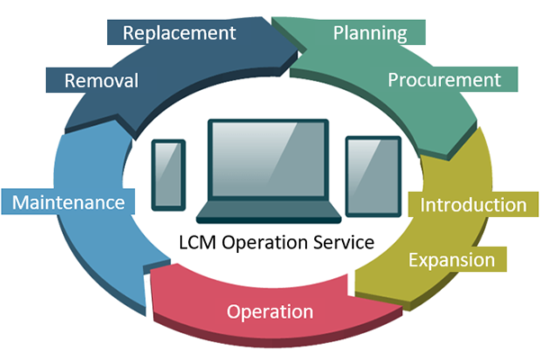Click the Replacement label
pyautogui.click(x=179, y=33)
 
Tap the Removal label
pyautogui.click(x=101, y=81)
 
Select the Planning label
pyautogui.click(x=370, y=33)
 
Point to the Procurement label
pyautogui.click(x=444, y=79)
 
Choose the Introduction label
pyautogui.click(x=473, y=204)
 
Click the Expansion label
pyautogui.click(x=452, y=259)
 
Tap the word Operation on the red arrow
pyautogui.click(x=270, y=311)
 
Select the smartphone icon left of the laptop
pyautogui.click(x=168, y=173)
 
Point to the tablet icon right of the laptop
pyautogui.click(x=373, y=176)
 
